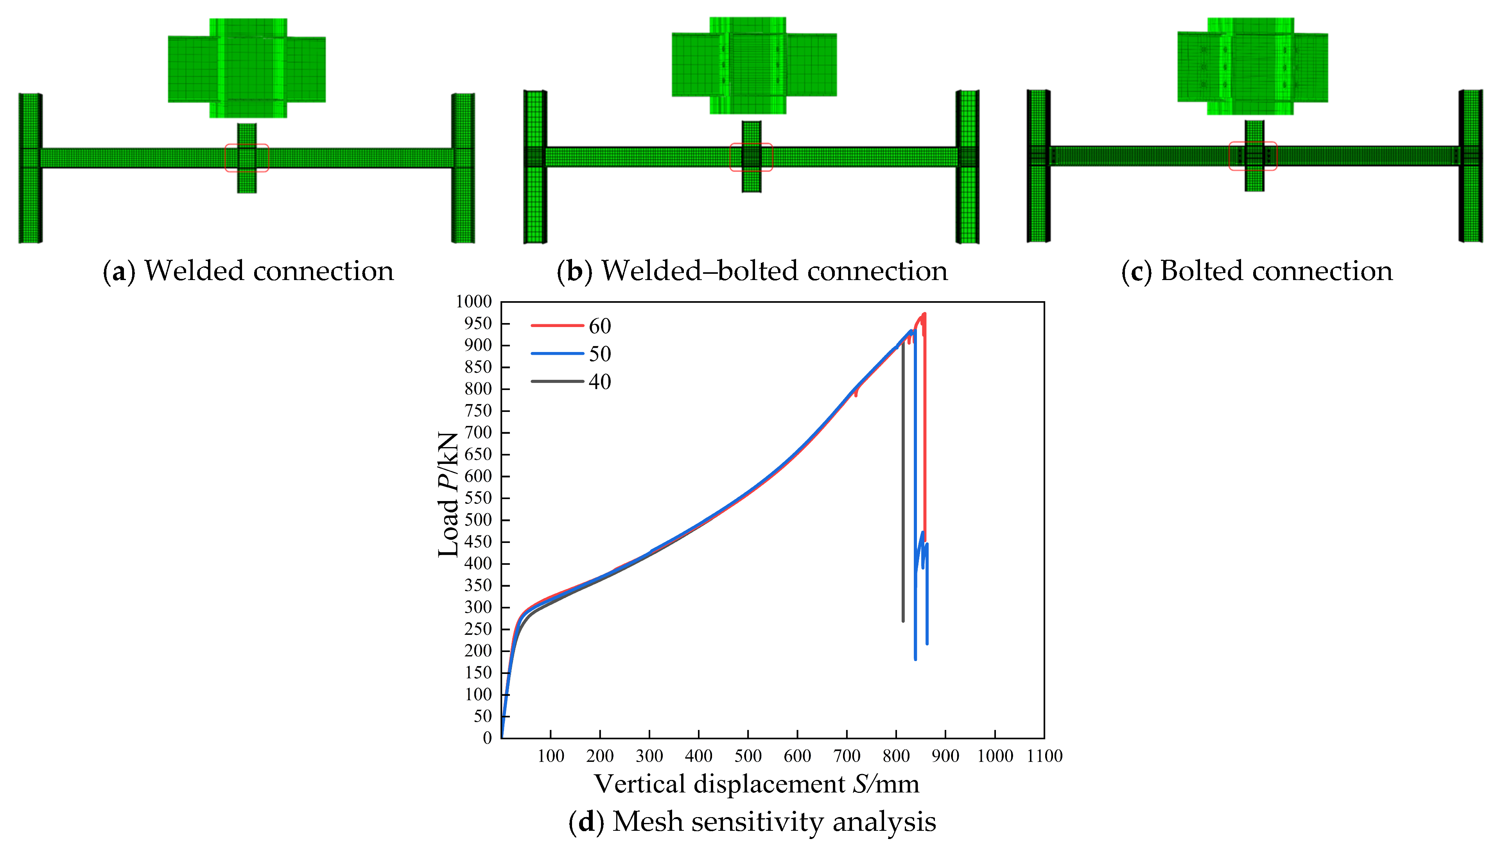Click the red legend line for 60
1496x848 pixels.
tap(557, 325)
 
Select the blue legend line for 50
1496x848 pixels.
tap(557, 353)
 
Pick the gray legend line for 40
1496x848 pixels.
tap(557, 381)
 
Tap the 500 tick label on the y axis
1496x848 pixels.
tap(478, 519)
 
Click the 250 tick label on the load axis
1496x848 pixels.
tap(478, 629)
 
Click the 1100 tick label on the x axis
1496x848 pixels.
tap(1044, 756)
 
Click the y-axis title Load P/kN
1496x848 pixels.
tap(448, 494)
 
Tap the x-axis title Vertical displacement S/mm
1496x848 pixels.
tap(756, 784)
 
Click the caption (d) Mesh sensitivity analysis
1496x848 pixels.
tap(752, 822)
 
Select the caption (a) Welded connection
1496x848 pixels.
tap(248, 271)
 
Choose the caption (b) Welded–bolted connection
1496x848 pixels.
tap(752, 271)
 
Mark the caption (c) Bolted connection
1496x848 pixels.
tap(1257, 271)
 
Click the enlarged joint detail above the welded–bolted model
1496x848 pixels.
tap(754, 65)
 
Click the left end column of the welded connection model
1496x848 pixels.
tap(30, 168)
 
